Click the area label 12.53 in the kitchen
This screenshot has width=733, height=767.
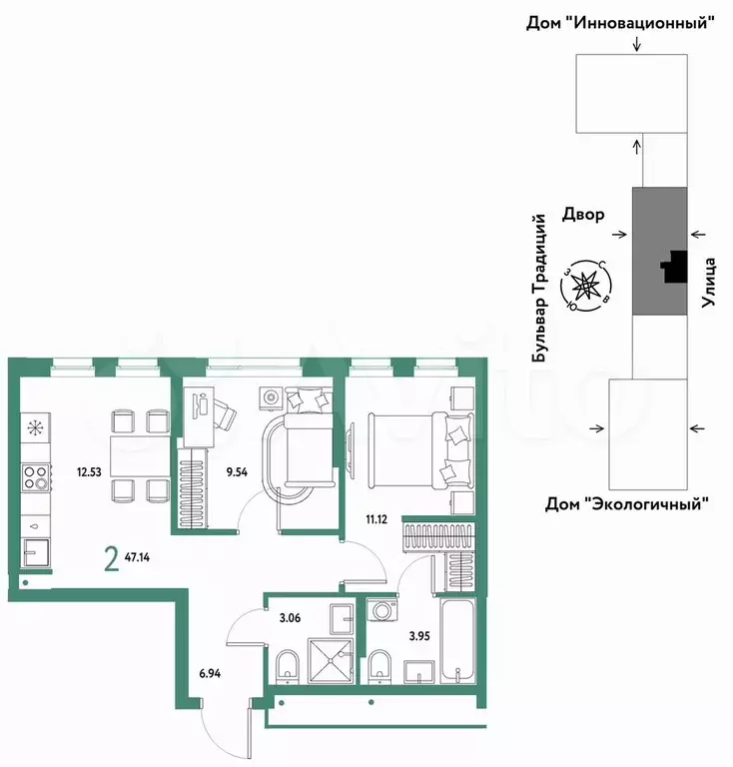[x=89, y=472]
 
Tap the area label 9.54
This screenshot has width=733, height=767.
[x=237, y=472]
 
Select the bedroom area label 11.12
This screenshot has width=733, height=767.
[x=376, y=519]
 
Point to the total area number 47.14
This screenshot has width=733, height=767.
[x=138, y=556]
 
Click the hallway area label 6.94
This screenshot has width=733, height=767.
[x=210, y=673]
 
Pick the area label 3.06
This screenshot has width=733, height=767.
[x=290, y=618]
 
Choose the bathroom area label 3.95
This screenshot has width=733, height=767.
[x=419, y=636]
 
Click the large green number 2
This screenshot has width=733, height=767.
[x=112, y=559]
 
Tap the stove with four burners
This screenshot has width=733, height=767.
[x=36, y=477]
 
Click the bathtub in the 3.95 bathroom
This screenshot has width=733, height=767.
[x=457, y=640]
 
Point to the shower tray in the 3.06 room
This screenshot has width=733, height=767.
[x=331, y=661]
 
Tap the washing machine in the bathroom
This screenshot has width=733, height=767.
[x=381, y=610]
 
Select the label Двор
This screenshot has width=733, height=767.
[x=583, y=215]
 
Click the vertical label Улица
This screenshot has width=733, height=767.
[x=709, y=283]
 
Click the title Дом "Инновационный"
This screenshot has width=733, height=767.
[x=620, y=23]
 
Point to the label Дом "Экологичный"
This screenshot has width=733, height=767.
[x=627, y=503]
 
